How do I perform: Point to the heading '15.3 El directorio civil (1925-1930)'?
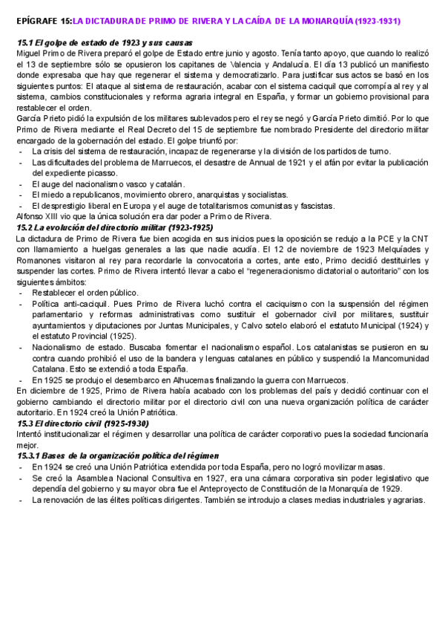(83, 423)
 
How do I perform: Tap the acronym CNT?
(419, 238)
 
